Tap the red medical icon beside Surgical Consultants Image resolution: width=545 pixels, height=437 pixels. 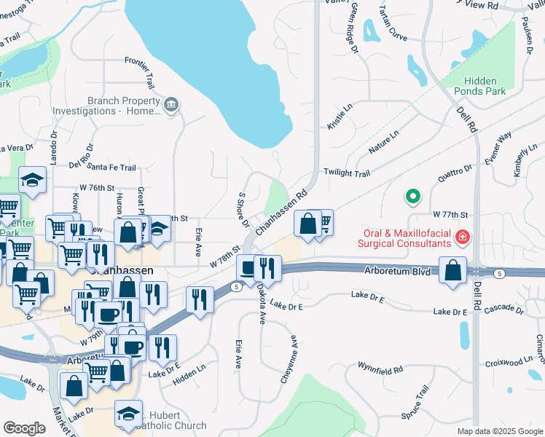(x=461, y=237)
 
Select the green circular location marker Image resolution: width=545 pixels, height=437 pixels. (x=412, y=196)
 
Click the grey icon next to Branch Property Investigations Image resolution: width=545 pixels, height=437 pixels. (x=171, y=106)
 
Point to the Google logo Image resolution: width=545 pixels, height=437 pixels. (x=23, y=428)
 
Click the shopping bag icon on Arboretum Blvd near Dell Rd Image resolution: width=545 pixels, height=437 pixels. (x=453, y=269)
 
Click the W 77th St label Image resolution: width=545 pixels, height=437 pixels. (x=449, y=215)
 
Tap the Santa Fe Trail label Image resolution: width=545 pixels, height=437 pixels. (x=111, y=168)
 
